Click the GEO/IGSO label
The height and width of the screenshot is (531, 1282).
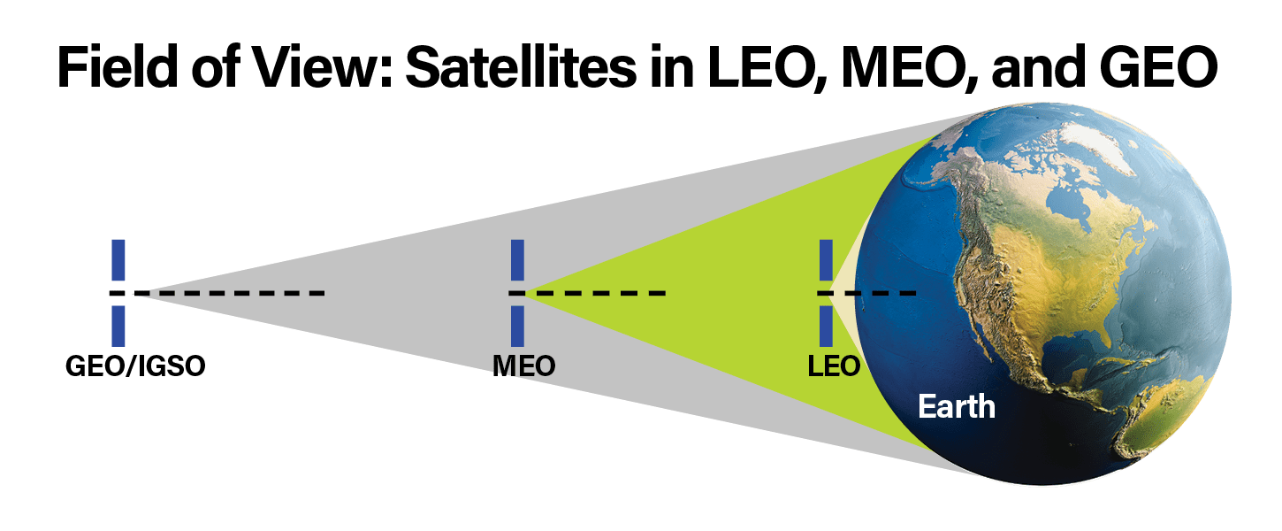[135, 366]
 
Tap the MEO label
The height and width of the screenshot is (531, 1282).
[523, 366]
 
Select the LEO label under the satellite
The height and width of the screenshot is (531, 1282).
[834, 366]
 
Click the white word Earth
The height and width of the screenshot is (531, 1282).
[957, 407]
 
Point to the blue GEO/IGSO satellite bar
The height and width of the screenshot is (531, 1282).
[118, 260]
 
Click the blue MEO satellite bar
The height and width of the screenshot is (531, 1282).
[517, 260]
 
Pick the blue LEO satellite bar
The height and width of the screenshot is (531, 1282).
[827, 260]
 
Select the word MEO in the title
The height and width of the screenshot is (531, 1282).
[885, 67]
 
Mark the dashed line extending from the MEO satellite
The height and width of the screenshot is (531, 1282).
[592, 293]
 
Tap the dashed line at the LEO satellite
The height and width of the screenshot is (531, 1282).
[871, 293]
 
